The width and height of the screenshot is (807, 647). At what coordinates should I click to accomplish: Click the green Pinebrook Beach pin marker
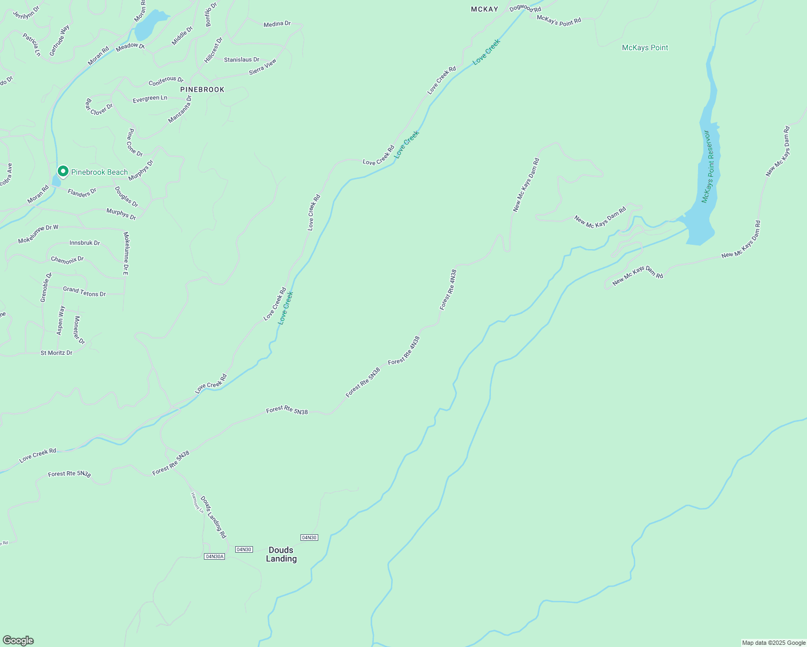click(x=63, y=171)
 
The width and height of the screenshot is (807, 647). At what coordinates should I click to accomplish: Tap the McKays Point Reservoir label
click(x=708, y=167)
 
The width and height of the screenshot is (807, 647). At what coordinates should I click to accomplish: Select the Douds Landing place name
click(x=281, y=554)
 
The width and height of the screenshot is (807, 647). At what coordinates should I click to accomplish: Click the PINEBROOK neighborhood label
click(x=202, y=90)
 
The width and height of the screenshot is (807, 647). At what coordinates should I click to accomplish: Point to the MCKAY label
click(x=484, y=9)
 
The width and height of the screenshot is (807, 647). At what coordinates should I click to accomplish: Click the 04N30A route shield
click(x=214, y=556)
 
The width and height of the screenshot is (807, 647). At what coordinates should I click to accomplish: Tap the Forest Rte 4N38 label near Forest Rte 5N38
click(x=403, y=350)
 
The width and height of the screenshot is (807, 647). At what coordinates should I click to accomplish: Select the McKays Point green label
click(x=645, y=47)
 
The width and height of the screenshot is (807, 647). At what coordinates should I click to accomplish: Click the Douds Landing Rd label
click(x=213, y=517)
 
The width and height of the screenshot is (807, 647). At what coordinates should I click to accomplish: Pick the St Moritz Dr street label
click(x=57, y=353)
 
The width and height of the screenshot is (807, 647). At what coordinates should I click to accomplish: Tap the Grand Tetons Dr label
click(x=84, y=292)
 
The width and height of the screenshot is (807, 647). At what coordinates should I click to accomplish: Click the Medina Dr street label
click(x=277, y=24)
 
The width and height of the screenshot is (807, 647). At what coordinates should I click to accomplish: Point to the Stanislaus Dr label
click(x=242, y=60)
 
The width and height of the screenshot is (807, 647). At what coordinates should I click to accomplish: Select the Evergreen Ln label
click(x=150, y=99)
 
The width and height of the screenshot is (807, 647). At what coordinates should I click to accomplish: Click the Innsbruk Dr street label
click(x=85, y=243)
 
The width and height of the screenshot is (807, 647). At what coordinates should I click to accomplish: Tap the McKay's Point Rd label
click(x=559, y=20)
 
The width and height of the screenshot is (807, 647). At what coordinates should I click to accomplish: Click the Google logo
click(x=18, y=641)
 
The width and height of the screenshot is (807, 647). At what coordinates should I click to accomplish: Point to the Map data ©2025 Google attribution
click(x=773, y=643)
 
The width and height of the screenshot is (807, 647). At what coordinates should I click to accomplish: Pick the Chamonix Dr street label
click(x=67, y=259)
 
